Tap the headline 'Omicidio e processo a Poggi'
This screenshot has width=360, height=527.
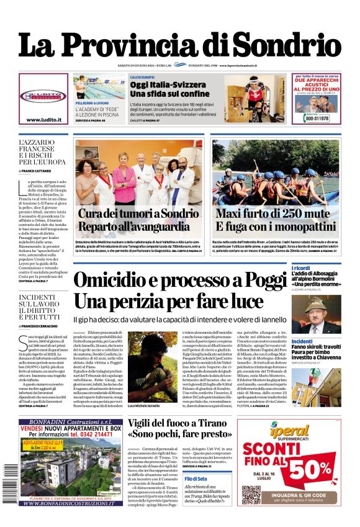point(180,281)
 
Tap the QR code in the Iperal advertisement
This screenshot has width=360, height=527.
point(251,495)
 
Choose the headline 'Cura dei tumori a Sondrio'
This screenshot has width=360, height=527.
point(136,214)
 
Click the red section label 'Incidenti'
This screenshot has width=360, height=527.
point(302,341)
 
